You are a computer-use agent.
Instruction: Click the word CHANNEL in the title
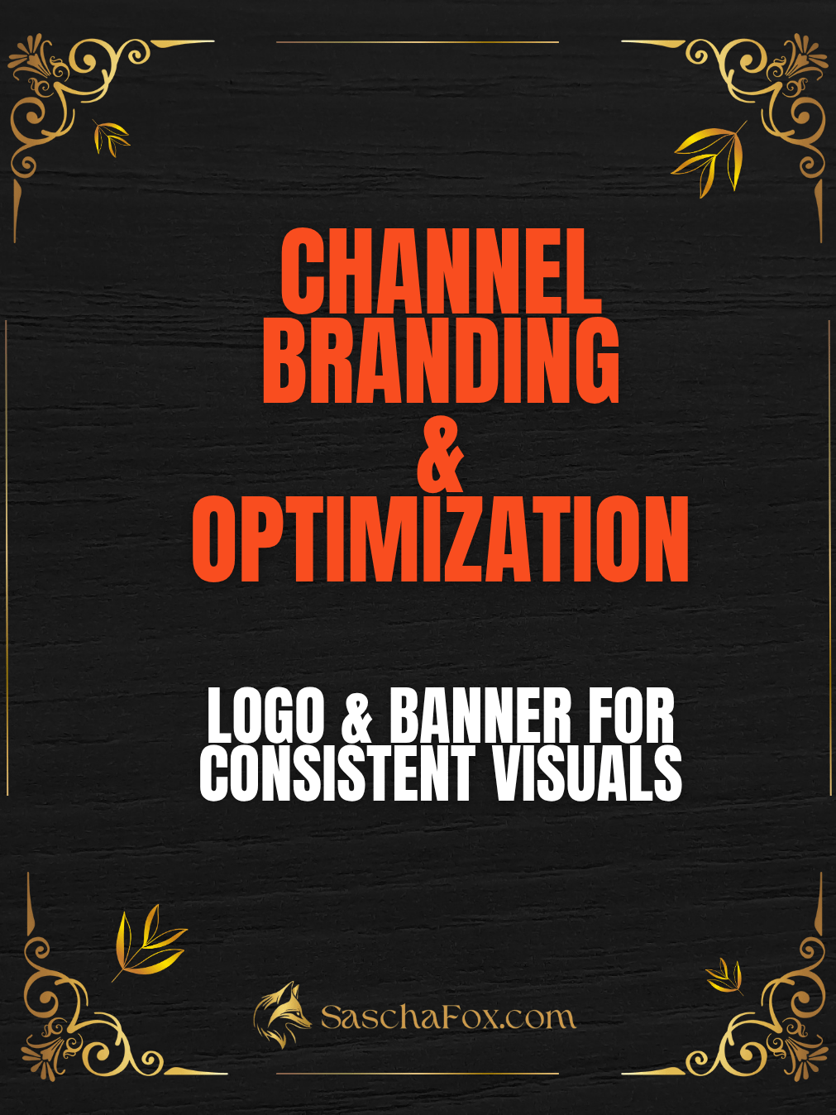point(440,270)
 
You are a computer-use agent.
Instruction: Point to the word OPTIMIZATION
point(440,539)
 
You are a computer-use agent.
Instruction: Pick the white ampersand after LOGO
point(357,717)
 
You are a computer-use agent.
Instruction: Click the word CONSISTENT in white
point(337,773)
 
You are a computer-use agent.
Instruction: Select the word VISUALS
point(587,773)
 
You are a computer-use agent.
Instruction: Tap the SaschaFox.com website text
point(447,1017)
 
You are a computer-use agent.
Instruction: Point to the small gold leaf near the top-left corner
point(111,137)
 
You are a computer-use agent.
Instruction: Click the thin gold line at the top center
point(417,41)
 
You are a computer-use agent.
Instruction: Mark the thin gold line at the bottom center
point(417,1074)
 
